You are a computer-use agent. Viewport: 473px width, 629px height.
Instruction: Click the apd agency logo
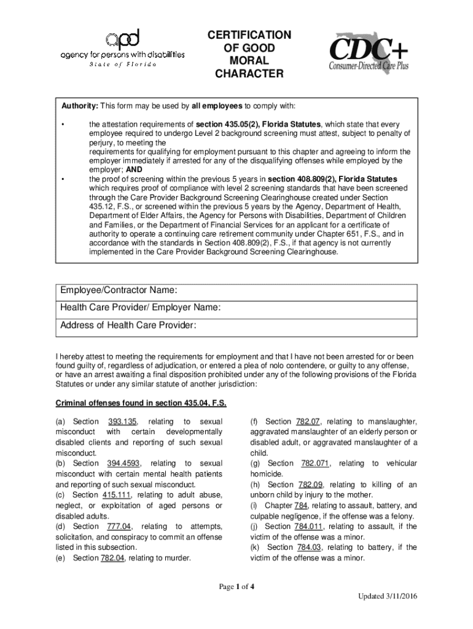122,48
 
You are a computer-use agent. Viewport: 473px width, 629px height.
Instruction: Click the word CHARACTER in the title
249,74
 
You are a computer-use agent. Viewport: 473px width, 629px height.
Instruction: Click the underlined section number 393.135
123,421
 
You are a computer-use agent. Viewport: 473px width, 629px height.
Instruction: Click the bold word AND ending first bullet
134,170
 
